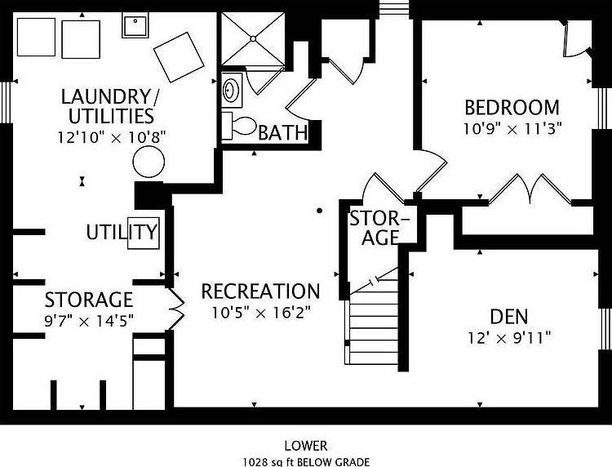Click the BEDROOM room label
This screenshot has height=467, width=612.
512,108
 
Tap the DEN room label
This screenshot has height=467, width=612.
509,316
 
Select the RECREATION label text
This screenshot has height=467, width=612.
261,291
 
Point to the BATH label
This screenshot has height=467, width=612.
283,133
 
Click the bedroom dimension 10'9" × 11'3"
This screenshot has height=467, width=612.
512,128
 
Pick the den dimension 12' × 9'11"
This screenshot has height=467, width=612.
509,338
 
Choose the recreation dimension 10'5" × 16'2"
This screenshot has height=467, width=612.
261,313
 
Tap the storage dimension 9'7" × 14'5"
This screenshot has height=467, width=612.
89,321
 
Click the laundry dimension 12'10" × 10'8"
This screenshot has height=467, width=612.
112,137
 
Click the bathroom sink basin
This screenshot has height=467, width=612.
230,90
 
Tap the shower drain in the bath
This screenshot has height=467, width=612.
253,38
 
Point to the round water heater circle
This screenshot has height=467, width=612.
149,162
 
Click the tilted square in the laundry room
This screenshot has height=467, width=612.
179,57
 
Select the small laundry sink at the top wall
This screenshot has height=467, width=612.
135,25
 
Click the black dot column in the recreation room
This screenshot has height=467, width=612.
319,211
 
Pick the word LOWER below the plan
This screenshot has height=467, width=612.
306,446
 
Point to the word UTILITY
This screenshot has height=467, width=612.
122,233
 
